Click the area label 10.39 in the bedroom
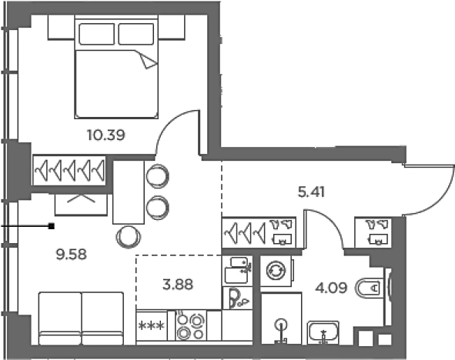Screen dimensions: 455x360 [x=106, y=135]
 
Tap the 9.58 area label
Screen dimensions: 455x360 [x=71, y=255]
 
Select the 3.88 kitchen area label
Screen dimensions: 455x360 [x=178, y=285]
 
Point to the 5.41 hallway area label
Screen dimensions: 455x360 [x=311, y=192]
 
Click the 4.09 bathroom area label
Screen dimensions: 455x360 [x=331, y=288]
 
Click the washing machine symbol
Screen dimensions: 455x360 [x=276, y=271]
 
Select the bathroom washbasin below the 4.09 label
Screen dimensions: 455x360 [x=323, y=332]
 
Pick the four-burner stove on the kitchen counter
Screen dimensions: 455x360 [x=191, y=325]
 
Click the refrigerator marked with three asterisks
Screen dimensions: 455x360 [x=152, y=326]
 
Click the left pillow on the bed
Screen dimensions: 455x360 [x=97, y=34]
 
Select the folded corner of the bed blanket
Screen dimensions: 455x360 [x=147, y=60]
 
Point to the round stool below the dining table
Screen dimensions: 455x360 [x=129, y=237]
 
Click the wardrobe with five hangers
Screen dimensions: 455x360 [x=69, y=171]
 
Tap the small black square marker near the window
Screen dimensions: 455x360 [x=52, y=226]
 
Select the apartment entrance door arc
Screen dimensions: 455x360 [x=437, y=197]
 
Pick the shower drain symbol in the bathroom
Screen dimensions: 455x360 [x=281, y=324]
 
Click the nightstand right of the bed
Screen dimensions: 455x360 [x=172, y=27]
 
